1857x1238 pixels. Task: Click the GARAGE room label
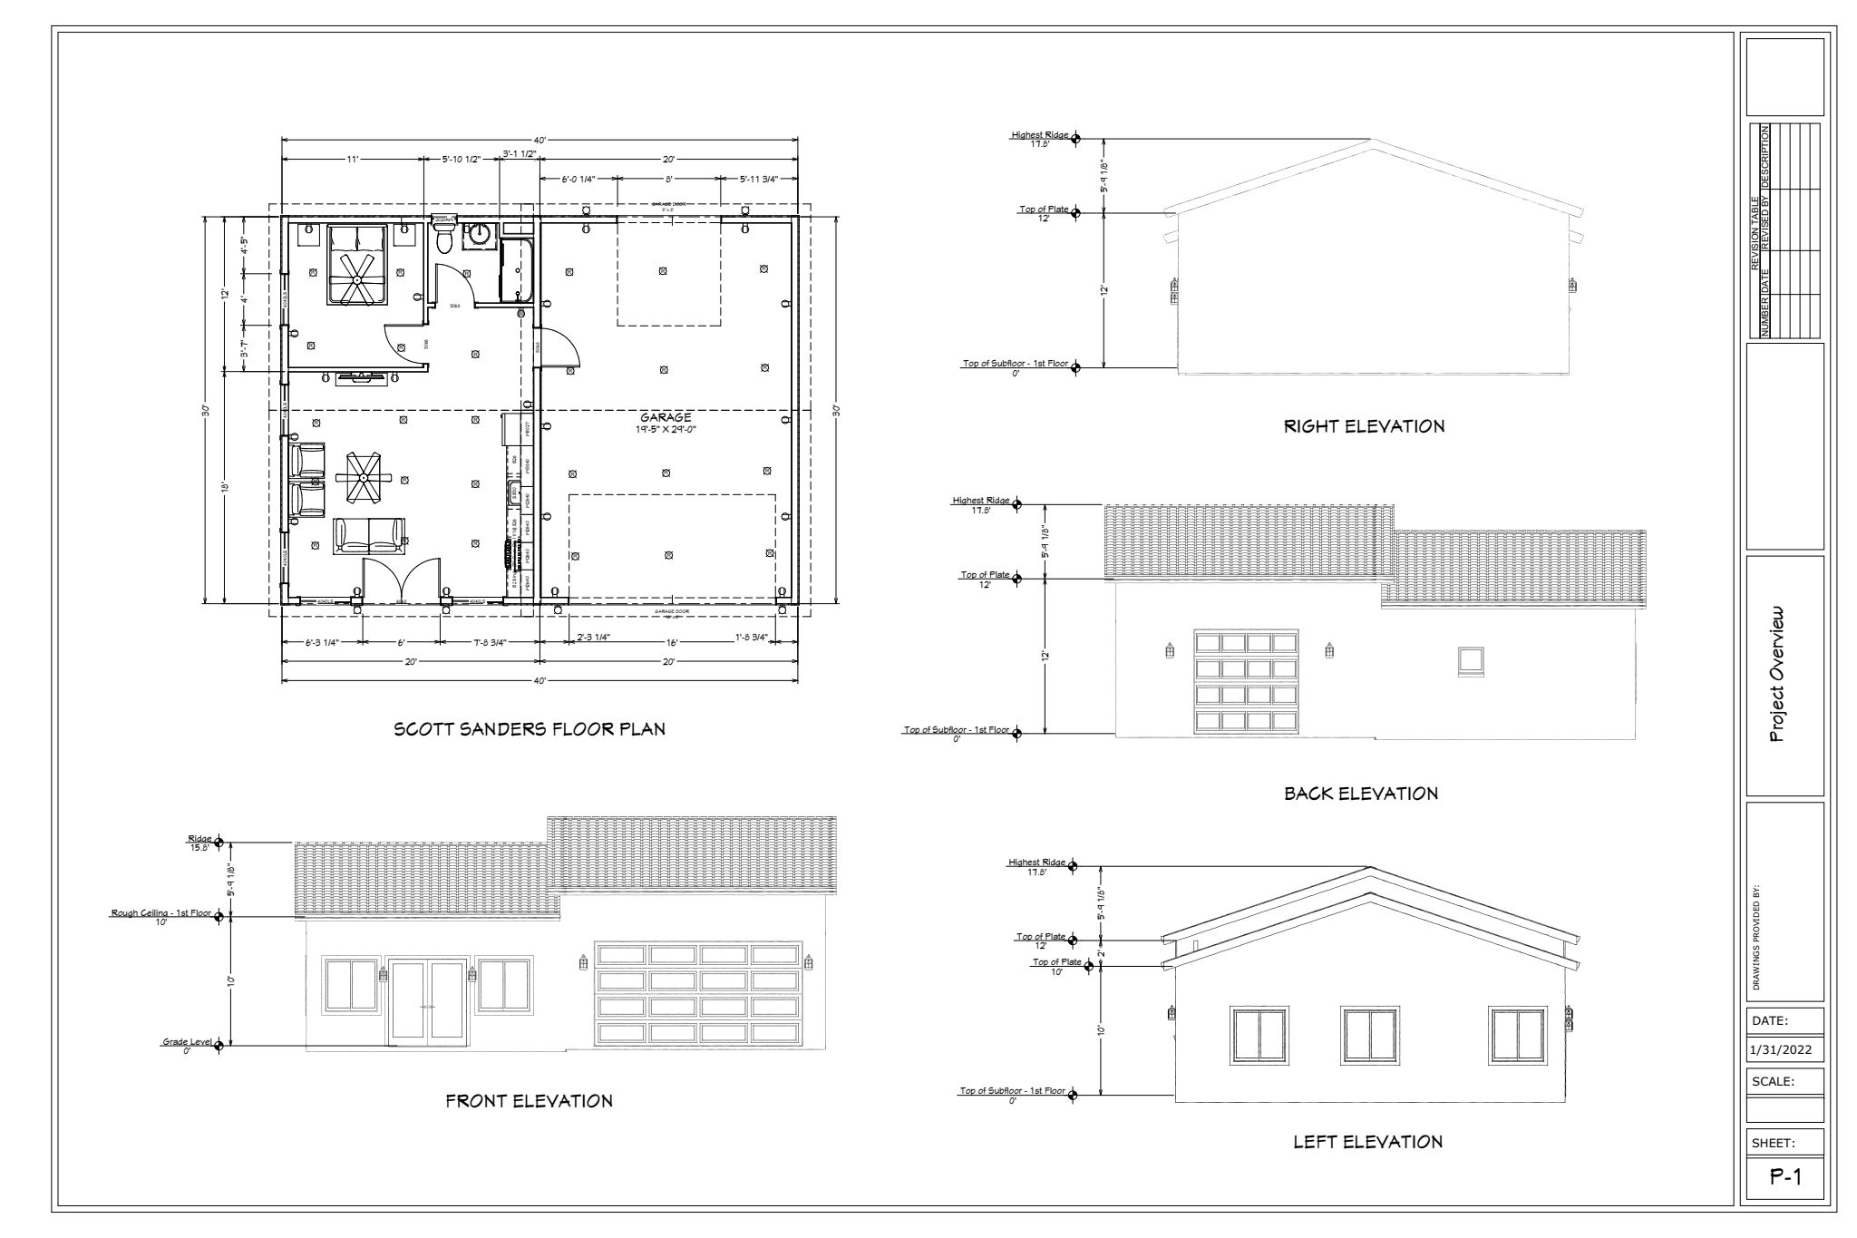click(666, 417)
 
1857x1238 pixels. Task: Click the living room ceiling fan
click(364, 477)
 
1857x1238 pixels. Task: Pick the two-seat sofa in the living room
click(369, 535)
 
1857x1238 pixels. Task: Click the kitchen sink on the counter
click(513, 494)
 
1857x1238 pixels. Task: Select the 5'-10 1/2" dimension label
click(460, 159)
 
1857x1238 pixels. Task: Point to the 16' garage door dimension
click(672, 641)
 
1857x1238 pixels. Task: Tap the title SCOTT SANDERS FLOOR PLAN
click(529, 729)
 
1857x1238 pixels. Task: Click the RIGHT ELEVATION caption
click(1364, 426)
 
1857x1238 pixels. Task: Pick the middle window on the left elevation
click(1368, 1036)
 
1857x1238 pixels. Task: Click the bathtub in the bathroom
click(517, 269)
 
